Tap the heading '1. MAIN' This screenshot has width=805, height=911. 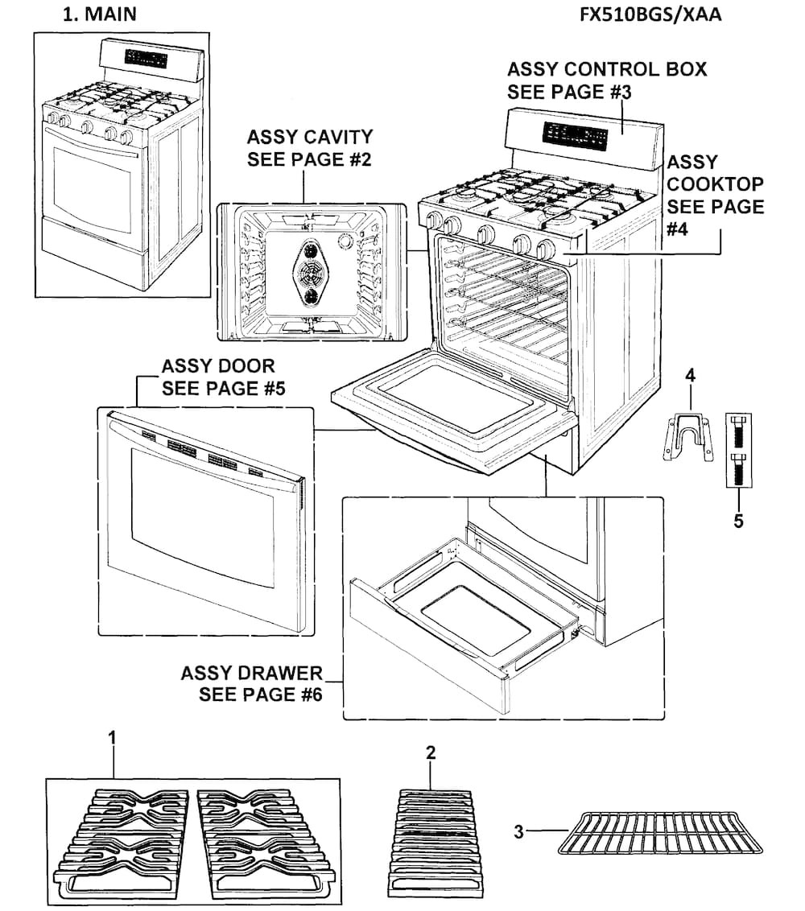99,14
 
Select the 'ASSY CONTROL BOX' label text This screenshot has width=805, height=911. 606,69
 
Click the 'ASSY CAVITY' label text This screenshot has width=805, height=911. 310,136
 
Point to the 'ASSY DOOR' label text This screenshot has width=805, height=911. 218,367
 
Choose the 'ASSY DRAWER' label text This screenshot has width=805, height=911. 252,673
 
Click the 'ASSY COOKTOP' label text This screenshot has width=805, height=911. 715,184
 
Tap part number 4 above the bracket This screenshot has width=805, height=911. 690,375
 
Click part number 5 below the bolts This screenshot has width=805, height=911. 738,521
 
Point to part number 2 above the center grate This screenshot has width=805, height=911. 431,752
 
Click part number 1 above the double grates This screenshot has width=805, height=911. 113,737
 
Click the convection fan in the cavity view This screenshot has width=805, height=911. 308,272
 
